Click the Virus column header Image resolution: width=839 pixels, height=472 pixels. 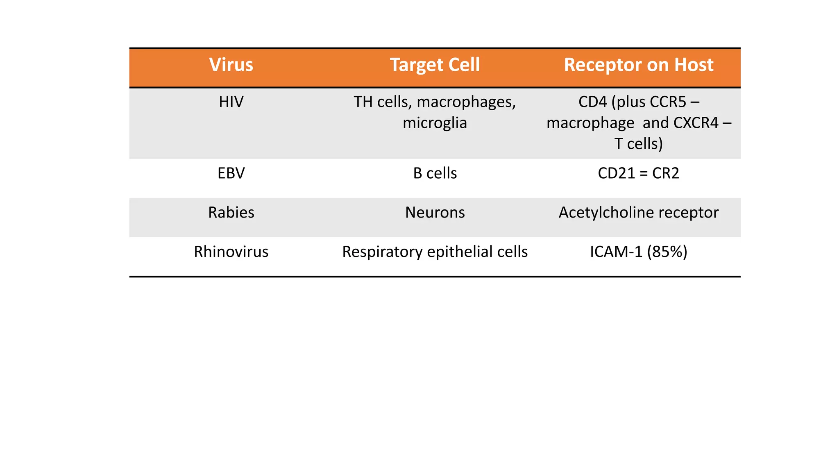231,65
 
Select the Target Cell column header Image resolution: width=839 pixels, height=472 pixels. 435,65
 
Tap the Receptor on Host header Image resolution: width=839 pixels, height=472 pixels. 638,65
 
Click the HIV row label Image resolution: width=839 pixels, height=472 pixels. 231,102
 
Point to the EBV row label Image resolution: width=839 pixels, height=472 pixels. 231,173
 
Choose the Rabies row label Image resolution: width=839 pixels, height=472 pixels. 231,213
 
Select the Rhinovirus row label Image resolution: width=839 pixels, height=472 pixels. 231,252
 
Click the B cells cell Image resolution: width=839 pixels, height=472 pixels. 435,173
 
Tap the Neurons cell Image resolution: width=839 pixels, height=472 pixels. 435,213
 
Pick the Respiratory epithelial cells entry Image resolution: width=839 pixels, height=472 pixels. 435,252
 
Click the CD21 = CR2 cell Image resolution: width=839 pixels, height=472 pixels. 638,173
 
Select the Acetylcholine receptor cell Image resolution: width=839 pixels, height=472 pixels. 638,213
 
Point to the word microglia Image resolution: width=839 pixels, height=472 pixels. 435,123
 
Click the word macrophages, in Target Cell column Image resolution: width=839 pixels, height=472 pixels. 466,102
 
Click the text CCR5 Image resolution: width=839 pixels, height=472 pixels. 668,102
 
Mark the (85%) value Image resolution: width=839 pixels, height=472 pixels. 667,252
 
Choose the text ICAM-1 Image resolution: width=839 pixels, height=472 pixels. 616,252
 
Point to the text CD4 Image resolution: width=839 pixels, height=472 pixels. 592,102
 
